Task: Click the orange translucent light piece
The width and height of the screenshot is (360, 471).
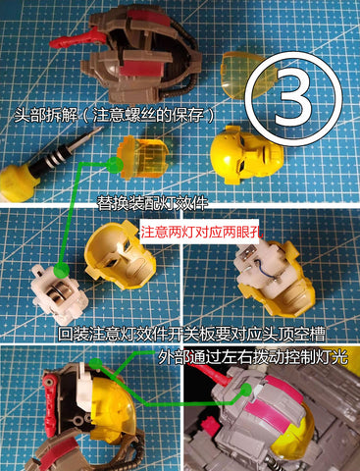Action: point(142,156)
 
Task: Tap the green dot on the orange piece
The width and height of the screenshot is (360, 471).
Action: point(114,164)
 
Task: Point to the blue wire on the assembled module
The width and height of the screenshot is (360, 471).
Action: point(264,266)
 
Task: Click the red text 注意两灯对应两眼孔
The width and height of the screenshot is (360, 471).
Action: point(202,233)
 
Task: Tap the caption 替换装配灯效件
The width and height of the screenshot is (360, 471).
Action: point(152,203)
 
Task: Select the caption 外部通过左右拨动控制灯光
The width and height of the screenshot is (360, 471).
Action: point(252,356)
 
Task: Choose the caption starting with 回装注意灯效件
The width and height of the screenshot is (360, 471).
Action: point(191,335)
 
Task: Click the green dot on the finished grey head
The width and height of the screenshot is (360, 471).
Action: point(246,389)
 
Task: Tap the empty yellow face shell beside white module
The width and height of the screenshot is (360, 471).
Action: point(121,256)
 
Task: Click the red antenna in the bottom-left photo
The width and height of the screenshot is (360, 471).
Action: point(50,405)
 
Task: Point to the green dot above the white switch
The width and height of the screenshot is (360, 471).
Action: point(95,363)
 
